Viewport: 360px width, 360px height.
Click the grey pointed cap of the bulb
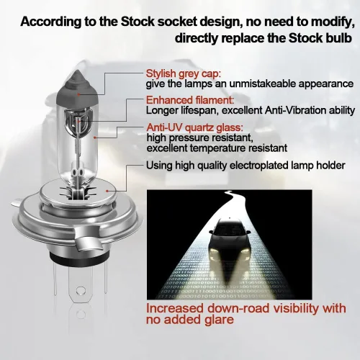(77, 88)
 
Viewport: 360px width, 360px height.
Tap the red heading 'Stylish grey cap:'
(183, 73)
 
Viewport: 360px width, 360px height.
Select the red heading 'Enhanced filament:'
(190, 100)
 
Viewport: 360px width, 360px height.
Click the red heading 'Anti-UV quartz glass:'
(194, 127)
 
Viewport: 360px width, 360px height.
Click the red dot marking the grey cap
(78, 94)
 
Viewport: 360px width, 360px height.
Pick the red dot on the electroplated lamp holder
(107, 191)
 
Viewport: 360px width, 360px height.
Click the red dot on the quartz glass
(95, 138)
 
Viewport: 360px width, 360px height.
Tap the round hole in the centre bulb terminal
(81, 291)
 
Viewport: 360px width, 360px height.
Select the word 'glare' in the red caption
(222, 320)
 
